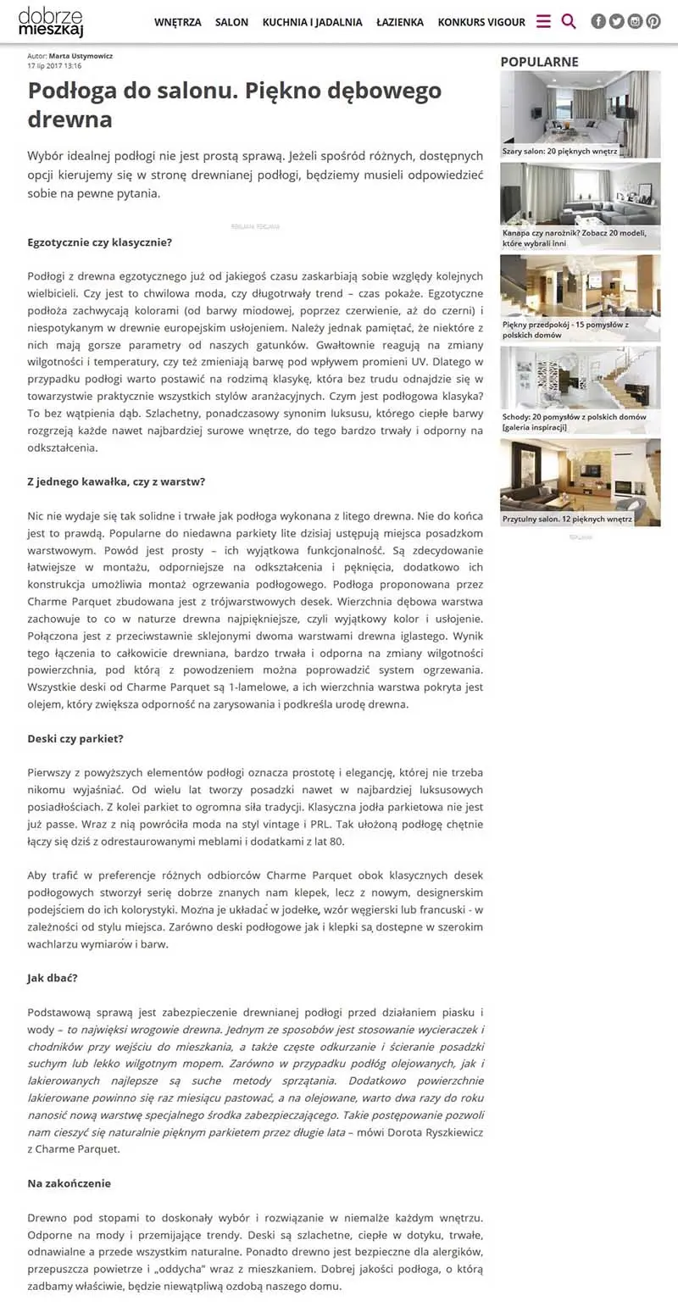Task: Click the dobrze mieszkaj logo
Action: (51, 21)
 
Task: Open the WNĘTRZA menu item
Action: (178, 22)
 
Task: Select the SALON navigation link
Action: (231, 22)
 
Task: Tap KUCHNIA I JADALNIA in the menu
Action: (312, 22)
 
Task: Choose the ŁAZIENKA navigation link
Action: (400, 22)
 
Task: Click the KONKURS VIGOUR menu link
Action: (481, 22)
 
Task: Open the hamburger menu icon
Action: (543, 21)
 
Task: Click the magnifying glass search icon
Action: (569, 21)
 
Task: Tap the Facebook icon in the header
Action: (598, 21)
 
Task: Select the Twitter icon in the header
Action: (617, 21)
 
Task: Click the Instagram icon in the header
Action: (635, 21)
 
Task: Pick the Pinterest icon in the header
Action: (653, 21)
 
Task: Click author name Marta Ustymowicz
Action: (81, 56)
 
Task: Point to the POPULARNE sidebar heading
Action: (539, 61)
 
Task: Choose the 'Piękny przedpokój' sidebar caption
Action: (564, 329)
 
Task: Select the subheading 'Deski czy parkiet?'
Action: (75, 738)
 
